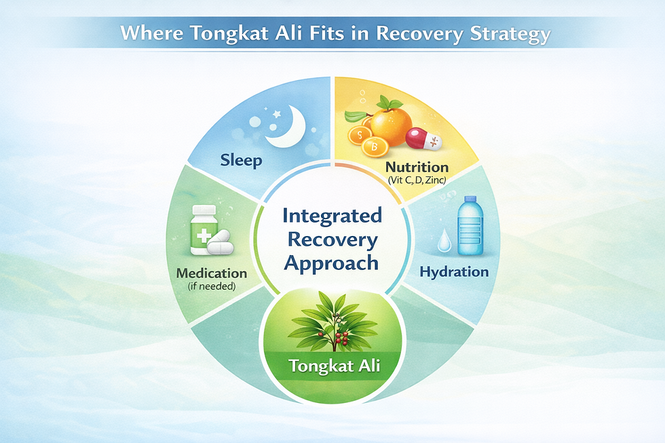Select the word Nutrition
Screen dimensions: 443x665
[x=417, y=167]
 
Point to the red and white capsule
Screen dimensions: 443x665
[x=424, y=139]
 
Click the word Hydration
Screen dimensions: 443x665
[x=454, y=272]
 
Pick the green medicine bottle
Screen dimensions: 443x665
[x=202, y=229]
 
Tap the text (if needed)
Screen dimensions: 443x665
[x=211, y=286]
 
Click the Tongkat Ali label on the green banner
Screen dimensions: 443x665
[x=333, y=366]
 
